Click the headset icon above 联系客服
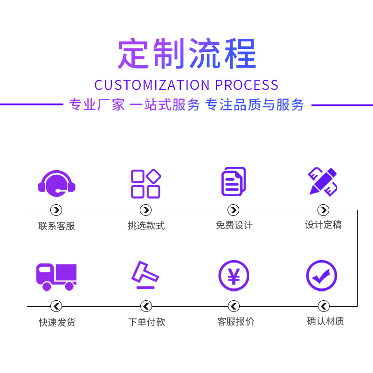pyautogui.click(x=56, y=182)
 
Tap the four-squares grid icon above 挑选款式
pyautogui.click(x=145, y=183)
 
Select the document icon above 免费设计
pyautogui.click(x=233, y=181)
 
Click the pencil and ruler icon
pyautogui.click(x=323, y=181)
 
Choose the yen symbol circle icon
pyautogui.click(x=234, y=276)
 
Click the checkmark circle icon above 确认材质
pyautogui.click(x=322, y=276)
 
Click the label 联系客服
pyautogui.click(x=56, y=226)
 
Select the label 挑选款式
pyautogui.click(x=146, y=226)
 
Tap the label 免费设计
pyautogui.click(x=234, y=226)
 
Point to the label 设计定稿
pyautogui.click(x=323, y=225)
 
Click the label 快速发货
pyautogui.click(x=57, y=322)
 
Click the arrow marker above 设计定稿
pyautogui.click(x=323, y=210)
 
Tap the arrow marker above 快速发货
pyautogui.click(x=56, y=306)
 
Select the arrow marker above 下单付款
pyautogui.click(x=146, y=306)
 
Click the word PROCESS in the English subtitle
pyautogui.click(x=247, y=85)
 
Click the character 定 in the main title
pyautogui.click(x=134, y=54)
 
